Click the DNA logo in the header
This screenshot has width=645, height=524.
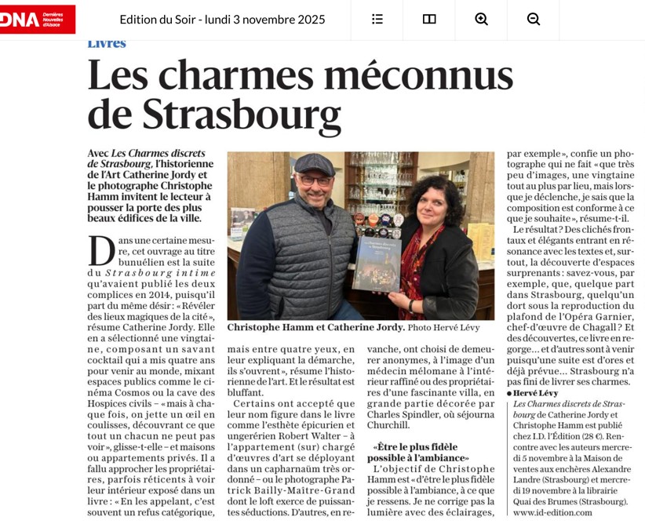37,19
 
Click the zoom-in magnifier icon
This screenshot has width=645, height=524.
481,19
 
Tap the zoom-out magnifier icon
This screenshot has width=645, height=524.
534,19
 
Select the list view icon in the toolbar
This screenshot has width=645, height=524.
377,19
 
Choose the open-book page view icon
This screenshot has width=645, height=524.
429,19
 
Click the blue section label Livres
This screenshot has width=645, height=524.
107,44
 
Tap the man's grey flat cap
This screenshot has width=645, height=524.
314,163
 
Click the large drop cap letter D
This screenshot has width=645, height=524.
102,251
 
